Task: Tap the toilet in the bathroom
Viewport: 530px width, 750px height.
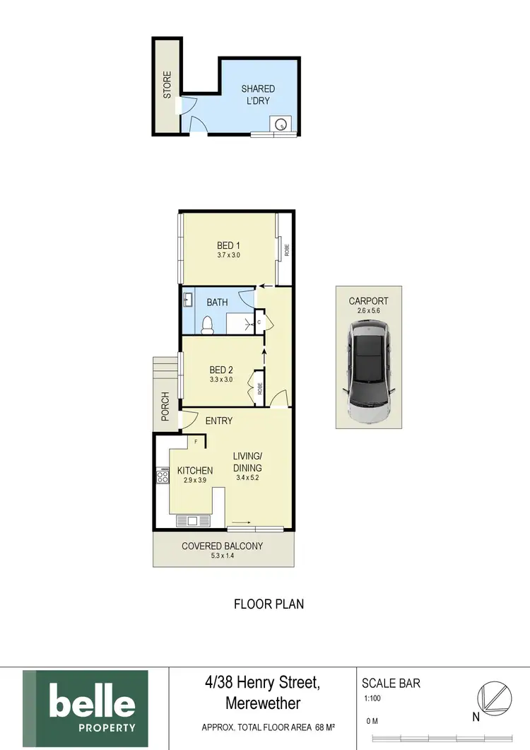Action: point(208,324)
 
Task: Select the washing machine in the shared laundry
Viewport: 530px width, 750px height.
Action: point(281,124)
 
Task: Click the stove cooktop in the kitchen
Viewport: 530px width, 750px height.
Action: point(163,476)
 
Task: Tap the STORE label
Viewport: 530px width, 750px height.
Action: point(167,86)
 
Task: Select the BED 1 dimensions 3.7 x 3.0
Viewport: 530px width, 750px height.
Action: point(228,255)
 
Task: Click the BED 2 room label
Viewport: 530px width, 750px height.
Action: point(221,370)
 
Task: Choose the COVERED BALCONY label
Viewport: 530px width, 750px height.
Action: point(222,546)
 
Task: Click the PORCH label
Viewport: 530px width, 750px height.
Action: point(165,407)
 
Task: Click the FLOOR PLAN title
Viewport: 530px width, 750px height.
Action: point(269,604)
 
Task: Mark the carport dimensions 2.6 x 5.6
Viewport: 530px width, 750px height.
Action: point(368,310)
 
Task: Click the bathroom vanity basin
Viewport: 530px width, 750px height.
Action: point(188,300)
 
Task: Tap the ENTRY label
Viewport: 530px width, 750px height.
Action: point(219,421)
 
